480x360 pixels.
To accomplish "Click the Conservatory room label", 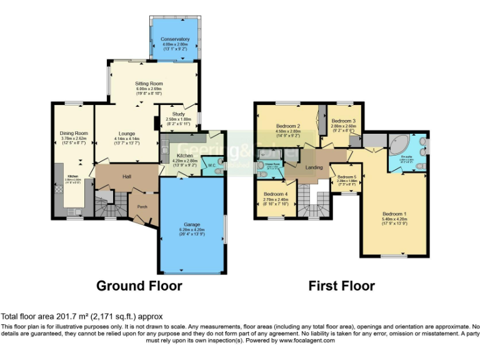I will [175, 39].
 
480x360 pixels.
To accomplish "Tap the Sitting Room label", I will [149, 83].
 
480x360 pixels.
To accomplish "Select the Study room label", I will [171, 114].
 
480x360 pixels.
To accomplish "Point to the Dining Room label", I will [74, 133].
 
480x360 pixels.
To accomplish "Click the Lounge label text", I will [127, 133].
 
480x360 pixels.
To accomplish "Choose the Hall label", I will [127, 177].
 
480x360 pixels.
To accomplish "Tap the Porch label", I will [142, 207].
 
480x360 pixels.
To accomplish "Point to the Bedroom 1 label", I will [394, 214].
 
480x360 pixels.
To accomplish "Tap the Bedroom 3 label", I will [344, 121].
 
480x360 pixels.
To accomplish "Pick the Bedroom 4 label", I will [276, 194].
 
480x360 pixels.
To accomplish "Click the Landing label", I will [314, 167].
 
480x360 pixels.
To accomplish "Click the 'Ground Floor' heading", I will [139, 286].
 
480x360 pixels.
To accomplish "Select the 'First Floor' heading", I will [342, 286].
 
